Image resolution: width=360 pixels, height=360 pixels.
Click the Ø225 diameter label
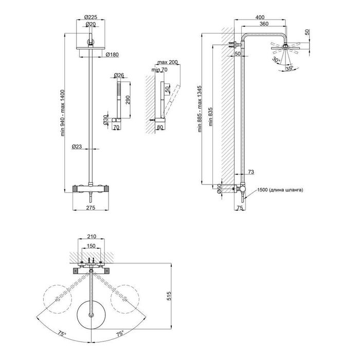91,17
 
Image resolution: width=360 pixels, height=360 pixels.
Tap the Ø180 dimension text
112,55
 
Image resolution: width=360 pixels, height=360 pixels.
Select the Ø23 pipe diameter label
77,147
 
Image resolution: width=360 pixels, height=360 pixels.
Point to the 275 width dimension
91,208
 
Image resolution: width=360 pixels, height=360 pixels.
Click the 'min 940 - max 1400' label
63,113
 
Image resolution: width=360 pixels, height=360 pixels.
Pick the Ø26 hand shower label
119,75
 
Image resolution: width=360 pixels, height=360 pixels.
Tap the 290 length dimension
128,99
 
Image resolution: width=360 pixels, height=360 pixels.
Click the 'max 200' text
168,62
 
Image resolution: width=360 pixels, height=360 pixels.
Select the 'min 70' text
159,69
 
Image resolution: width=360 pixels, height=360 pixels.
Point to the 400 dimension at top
260,17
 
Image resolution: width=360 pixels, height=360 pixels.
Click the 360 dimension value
264,24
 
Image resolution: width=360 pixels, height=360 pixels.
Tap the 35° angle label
289,68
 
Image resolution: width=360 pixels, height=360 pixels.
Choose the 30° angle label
277,60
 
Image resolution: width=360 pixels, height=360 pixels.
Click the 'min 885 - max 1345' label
200,109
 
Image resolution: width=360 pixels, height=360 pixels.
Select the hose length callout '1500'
262,190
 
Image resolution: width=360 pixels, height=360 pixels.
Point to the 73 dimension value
251,172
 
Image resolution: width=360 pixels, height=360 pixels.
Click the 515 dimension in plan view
169,296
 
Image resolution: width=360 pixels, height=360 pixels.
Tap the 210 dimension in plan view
92,236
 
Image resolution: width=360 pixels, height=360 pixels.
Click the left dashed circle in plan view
58,299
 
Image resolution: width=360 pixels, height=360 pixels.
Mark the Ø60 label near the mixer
219,188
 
